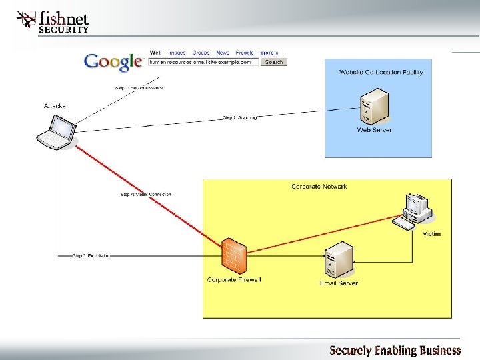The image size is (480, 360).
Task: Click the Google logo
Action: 113,61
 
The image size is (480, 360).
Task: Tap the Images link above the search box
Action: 177,53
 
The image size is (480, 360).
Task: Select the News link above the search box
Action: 223,53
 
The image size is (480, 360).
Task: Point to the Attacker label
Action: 55,106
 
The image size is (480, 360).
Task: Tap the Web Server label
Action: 374,130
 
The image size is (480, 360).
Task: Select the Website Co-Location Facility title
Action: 381,72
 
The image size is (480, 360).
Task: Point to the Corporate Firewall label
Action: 233,280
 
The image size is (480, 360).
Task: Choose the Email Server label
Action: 339,283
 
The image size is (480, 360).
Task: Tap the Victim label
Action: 431,234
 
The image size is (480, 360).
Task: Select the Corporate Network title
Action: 319,187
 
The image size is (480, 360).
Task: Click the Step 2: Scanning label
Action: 239,118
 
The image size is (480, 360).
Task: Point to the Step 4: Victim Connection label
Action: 145,195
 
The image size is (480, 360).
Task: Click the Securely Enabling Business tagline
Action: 395,350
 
